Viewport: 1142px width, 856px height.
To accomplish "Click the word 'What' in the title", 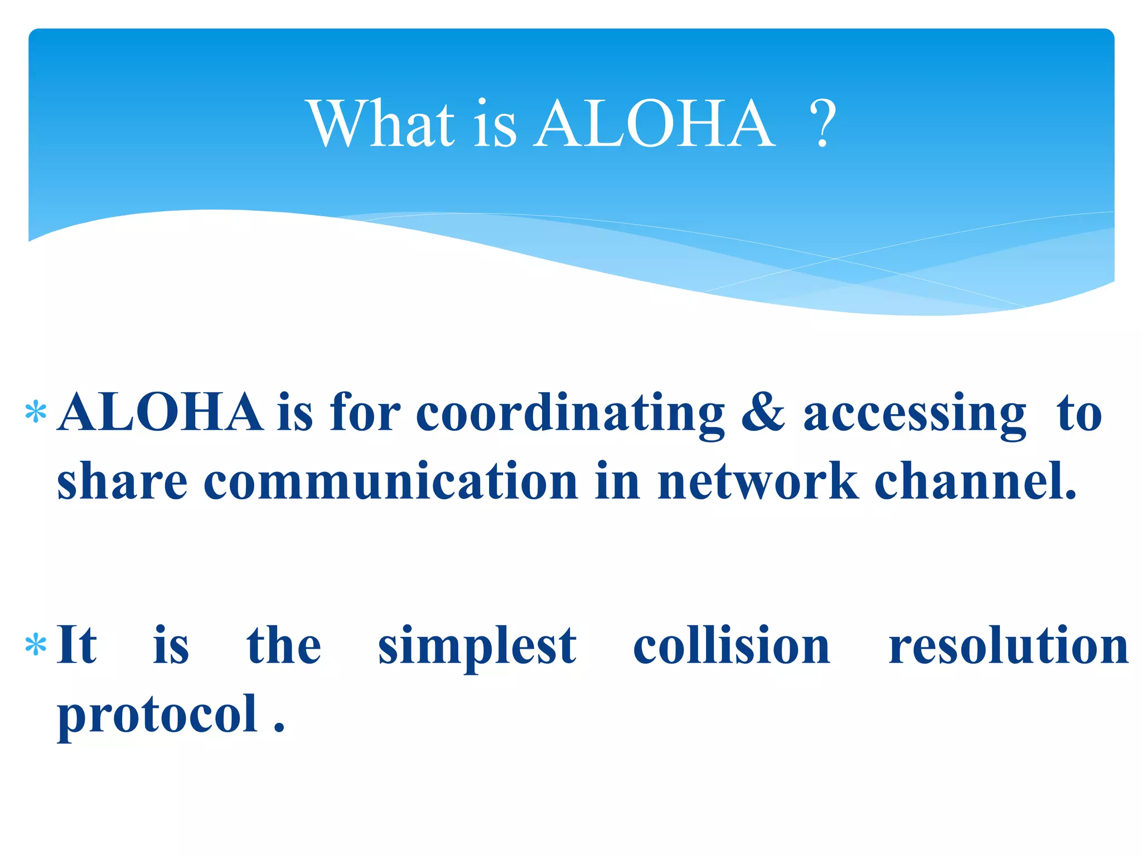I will [382, 123].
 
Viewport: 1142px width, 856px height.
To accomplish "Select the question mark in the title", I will [822, 123].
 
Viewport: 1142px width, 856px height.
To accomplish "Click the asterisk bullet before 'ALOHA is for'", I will [36, 413].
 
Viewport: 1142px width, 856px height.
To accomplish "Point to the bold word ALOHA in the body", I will [161, 413].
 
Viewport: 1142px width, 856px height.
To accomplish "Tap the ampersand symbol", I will [763, 413].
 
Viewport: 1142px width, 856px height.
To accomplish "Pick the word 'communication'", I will [390, 480].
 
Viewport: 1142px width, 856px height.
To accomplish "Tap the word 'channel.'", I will [976, 480].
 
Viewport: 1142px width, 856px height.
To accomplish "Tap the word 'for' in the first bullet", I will [365, 413].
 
